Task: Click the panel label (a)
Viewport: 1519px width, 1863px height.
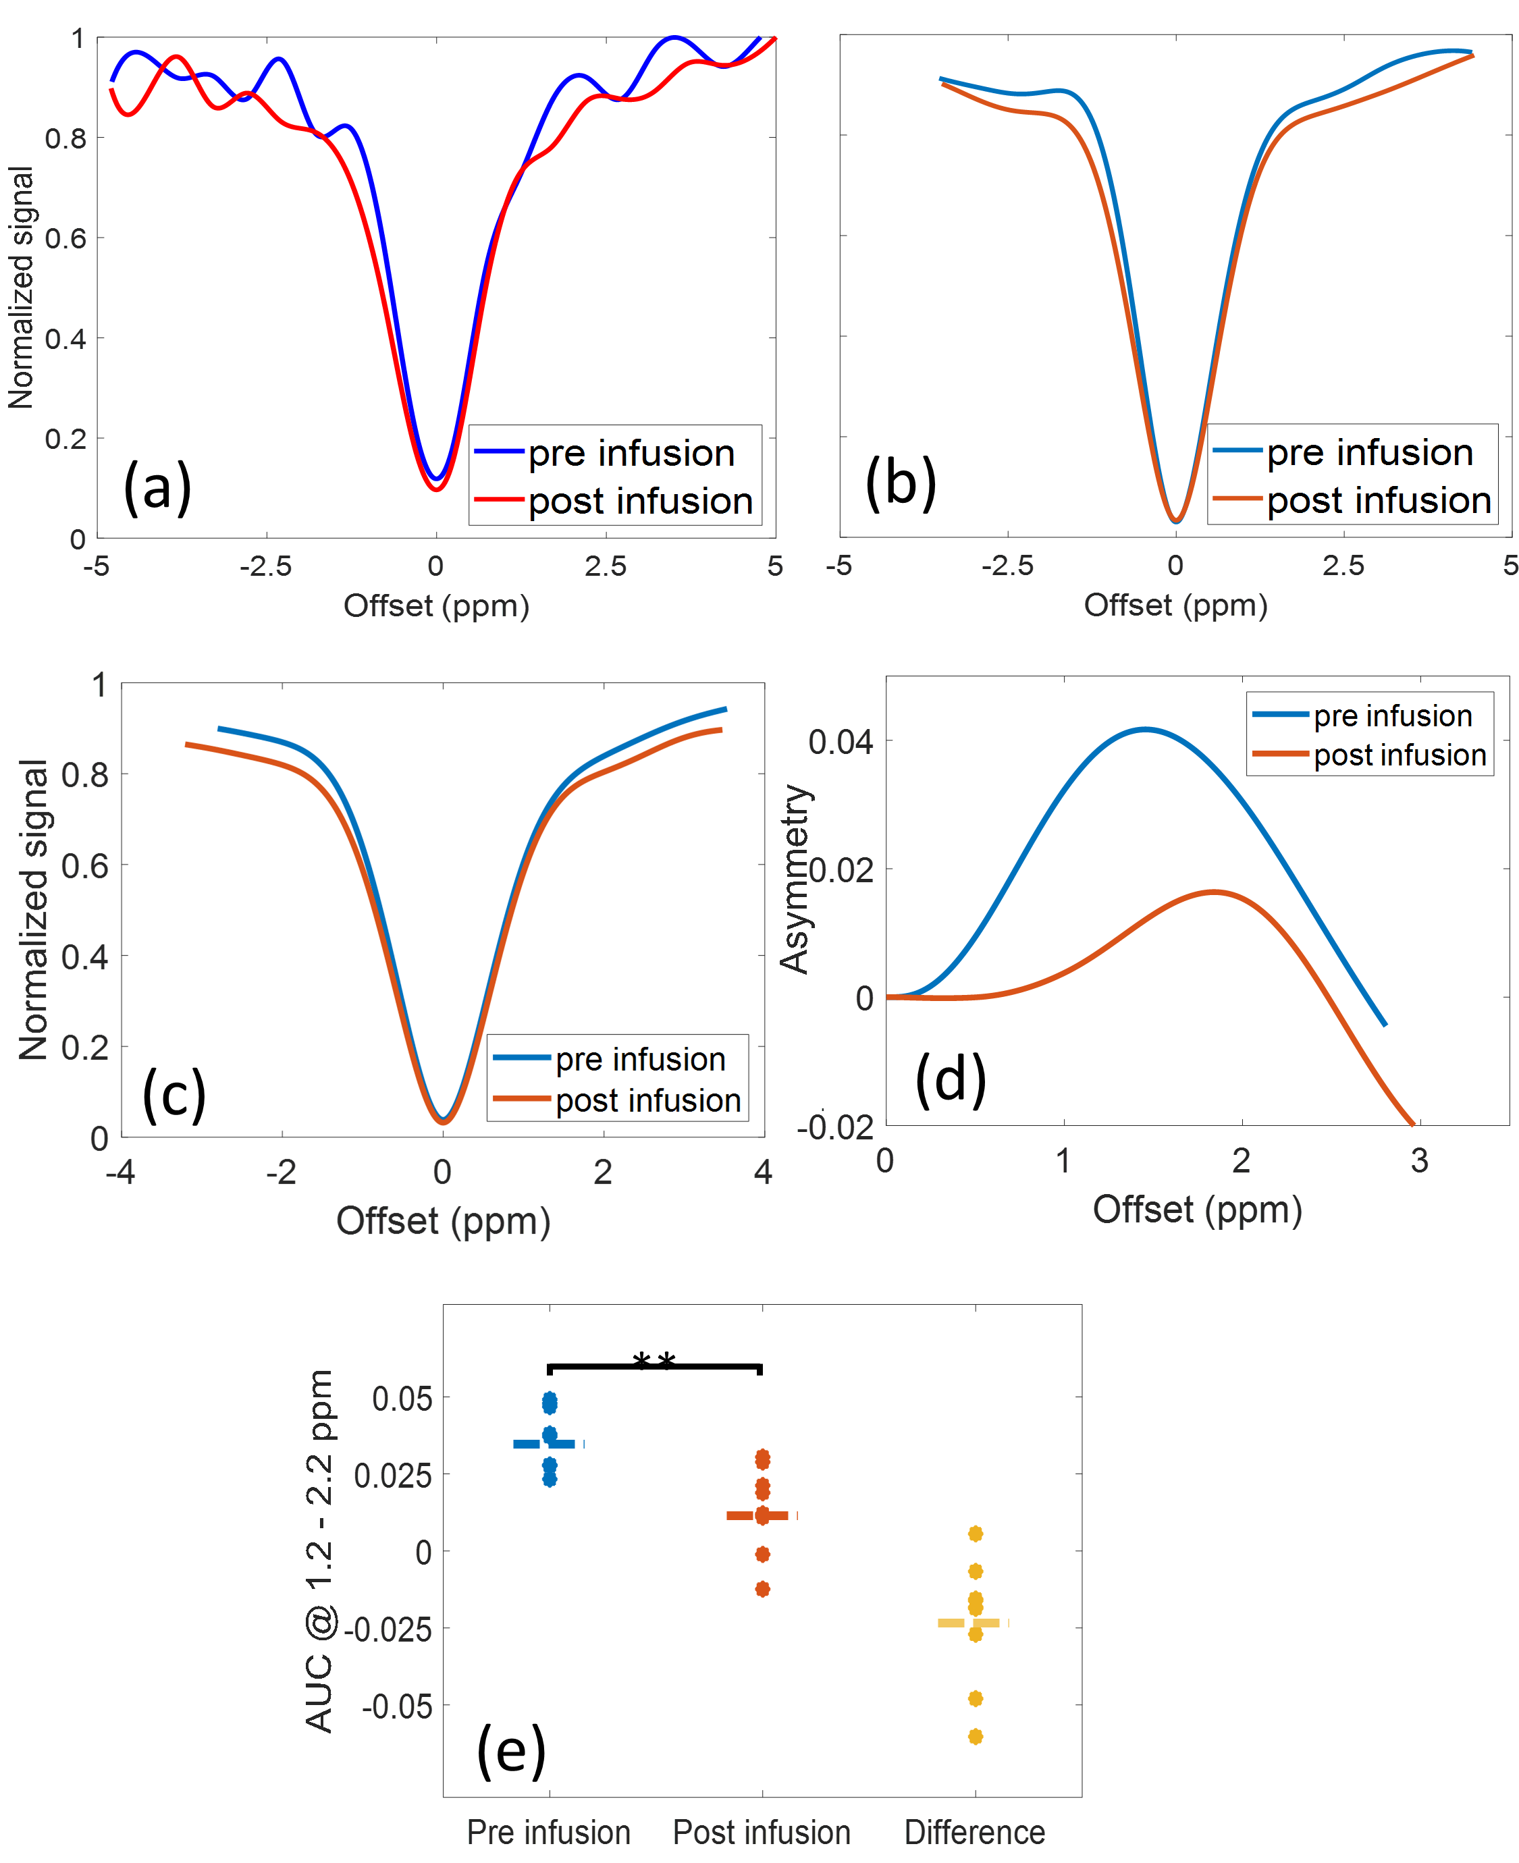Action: click(157, 487)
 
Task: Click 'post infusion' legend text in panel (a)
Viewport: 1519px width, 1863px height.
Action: click(641, 501)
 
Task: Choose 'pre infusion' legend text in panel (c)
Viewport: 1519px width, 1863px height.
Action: click(641, 1059)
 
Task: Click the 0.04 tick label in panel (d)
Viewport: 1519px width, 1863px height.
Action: click(840, 742)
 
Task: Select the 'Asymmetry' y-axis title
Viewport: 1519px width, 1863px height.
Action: click(795, 878)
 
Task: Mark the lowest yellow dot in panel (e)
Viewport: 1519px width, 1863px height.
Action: click(976, 1736)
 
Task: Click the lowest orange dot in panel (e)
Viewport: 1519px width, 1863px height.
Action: click(762, 1588)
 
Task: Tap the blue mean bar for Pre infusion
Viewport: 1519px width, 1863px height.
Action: click(545, 1443)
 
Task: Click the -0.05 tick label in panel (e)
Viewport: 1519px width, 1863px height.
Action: click(396, 1706)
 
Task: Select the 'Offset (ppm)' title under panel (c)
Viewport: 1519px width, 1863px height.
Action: click(443, 1221)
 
